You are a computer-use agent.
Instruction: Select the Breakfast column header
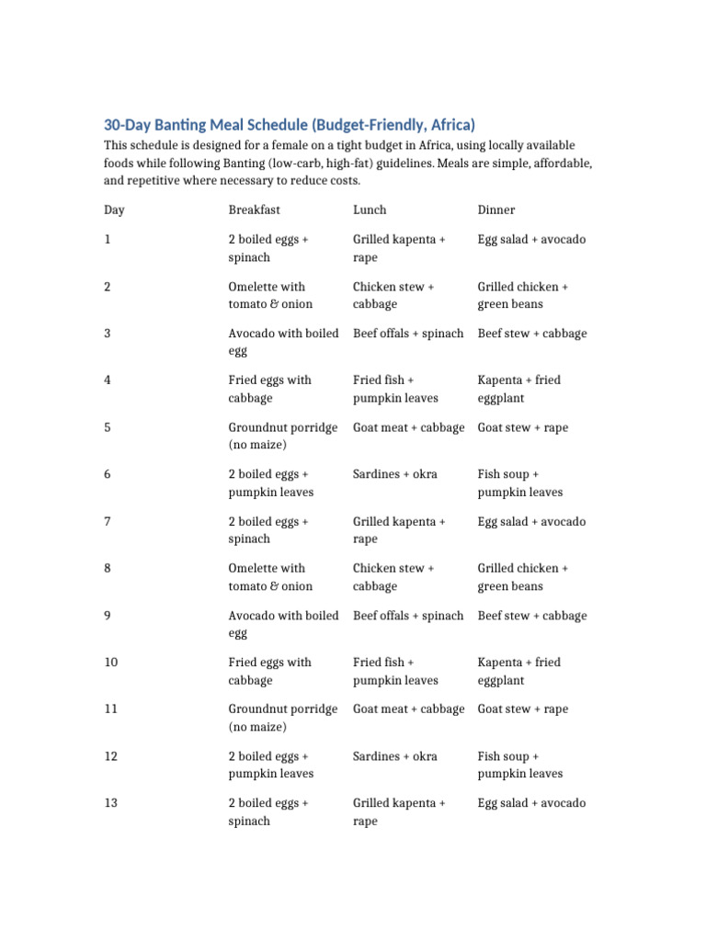(254, 210)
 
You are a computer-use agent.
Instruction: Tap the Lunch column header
(370, 210)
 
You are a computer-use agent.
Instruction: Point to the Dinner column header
(496, 210)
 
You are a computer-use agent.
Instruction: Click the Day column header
(114, 210)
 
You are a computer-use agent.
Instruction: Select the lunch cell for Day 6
(395, 474)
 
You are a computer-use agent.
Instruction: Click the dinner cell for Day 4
(519, 389)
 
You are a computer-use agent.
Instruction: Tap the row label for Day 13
(111, 803)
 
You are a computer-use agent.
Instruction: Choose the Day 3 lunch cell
(408, 334)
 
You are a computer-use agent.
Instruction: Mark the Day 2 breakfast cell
(270, 295)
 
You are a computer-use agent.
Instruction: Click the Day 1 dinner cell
(531, 240)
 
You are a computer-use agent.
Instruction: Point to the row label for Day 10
(111, 663)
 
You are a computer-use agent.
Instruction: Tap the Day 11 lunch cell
(409, 709)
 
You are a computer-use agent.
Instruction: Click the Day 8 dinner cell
(523, 577)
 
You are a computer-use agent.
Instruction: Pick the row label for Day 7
(108, 522)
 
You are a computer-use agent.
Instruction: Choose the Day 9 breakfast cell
(283, 624)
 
